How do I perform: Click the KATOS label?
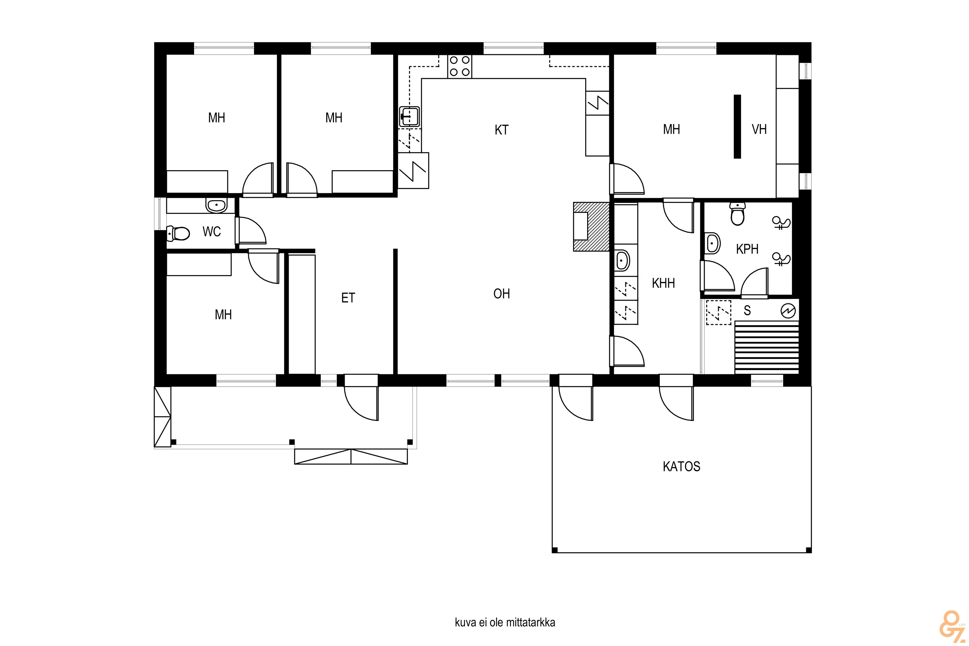[x=682, y=466]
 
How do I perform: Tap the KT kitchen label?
[x=501, y=130]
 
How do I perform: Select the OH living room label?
[x=501, y=294]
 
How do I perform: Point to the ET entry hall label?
[x=348, y=298]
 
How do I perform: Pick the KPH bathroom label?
[x=747, y=249]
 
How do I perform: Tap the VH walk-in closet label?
[x=759, y=130]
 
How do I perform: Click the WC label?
[x=212, y=232]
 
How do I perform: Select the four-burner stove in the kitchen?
[x=460, y=66]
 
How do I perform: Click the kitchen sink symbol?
[x=410, y=116]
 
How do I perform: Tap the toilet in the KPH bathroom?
[x=737, y=214]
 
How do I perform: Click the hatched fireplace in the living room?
[x=591, y=227]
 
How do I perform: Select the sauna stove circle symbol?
[x=788, y=311]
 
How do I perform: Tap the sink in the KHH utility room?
[x=622, y=261]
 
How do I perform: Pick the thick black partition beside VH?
[x=737, y=127]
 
